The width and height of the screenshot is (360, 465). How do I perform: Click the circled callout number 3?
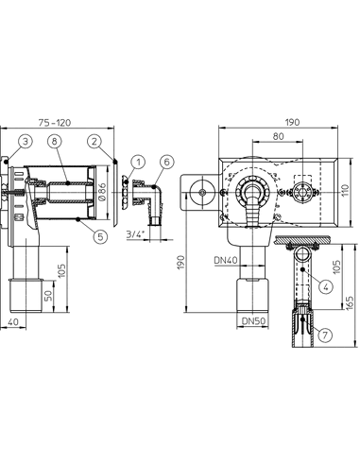26,141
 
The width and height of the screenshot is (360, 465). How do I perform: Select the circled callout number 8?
55,141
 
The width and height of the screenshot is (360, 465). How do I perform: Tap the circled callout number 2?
94,141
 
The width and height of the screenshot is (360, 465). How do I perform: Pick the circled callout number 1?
138,162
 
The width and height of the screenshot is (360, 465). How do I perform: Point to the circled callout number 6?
166,162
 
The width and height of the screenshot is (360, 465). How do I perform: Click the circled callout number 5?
100,236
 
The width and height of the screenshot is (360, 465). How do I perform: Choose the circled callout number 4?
326,286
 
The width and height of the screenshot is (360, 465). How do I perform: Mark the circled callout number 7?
325,335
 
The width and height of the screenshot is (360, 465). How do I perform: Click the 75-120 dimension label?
55,122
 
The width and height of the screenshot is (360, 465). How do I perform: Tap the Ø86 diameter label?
103,193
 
